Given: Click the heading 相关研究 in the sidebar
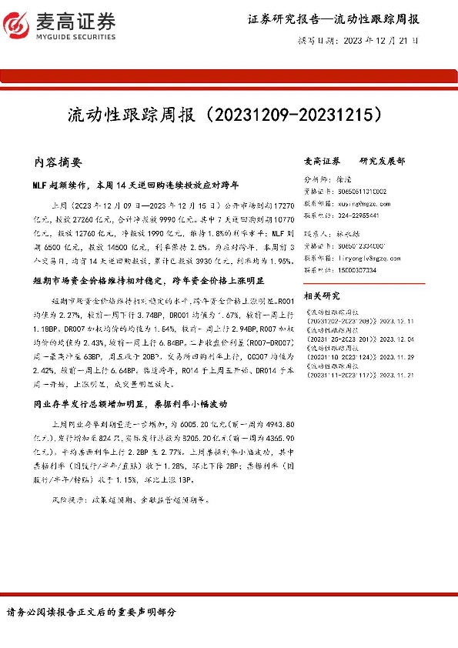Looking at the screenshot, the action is pos(323,296).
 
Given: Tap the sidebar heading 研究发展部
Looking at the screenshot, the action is pos(383,162).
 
